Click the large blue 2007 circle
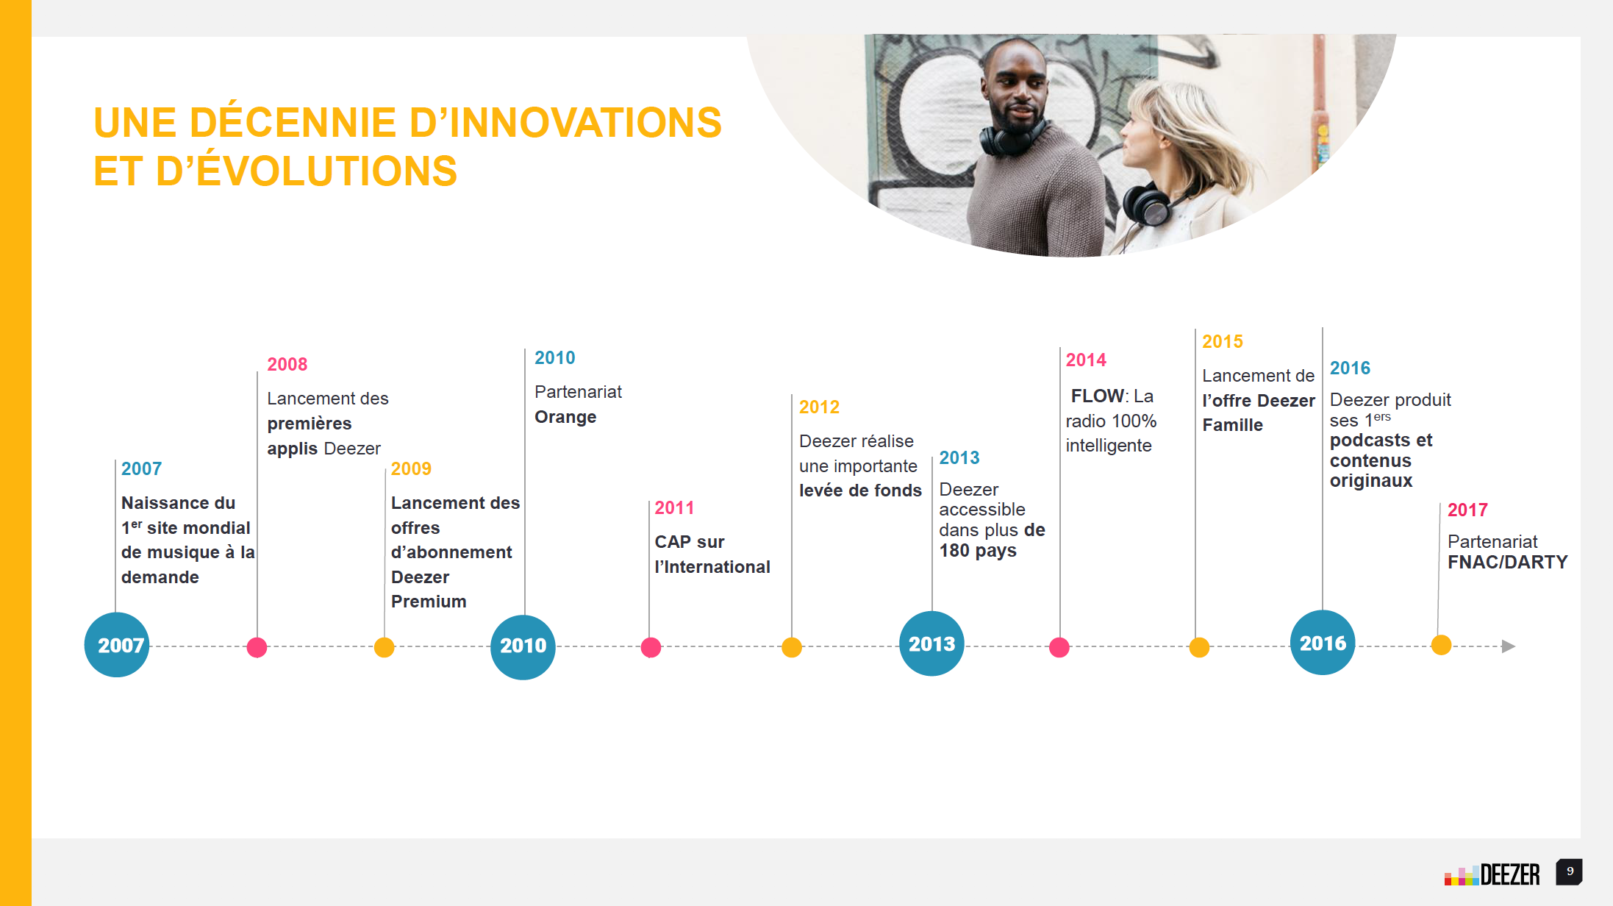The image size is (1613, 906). [x=117, y=645]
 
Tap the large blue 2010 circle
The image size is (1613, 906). [x=523, y=647]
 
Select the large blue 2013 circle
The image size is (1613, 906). [x=931, y=643]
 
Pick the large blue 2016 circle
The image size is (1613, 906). [x=1323, y=643]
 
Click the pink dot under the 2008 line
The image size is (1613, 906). [x=257, y=647]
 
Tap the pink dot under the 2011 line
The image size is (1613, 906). [x=651, y=647]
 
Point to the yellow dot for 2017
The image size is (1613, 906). [x=1441, y=645]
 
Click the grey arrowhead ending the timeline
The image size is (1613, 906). [x=1509, y=646]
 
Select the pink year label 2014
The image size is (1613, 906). [x=1086, y=360]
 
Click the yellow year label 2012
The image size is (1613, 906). [x=819, y=407]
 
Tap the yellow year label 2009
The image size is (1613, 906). [x=411, y=468]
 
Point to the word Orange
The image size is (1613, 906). [x=565, y=417]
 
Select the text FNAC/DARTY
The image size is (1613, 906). [x=1508, y=562]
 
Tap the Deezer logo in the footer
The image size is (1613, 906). [x=1492, y=874]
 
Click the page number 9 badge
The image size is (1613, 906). [x=1569, y=872]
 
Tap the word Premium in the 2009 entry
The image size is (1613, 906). [x=429, y=602]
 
